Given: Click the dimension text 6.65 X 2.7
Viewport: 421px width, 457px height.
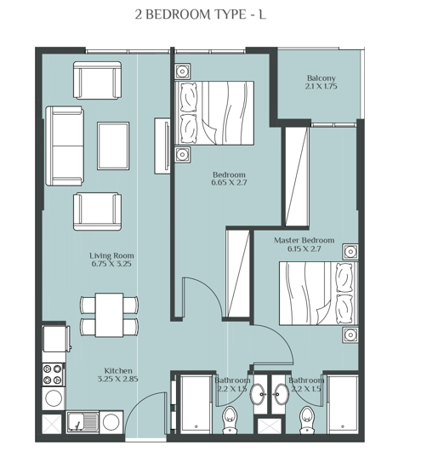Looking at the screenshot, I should tap(230, 182).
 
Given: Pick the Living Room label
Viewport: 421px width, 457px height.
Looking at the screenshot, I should tap(111, 255).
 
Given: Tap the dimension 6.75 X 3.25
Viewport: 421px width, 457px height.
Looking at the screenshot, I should tap(111, 264).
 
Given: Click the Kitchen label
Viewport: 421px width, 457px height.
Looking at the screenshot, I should tap(117, 370).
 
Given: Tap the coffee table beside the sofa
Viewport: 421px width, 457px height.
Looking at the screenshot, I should tap(113, 146).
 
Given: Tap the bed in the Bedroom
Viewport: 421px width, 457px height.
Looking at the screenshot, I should tap(214, 112).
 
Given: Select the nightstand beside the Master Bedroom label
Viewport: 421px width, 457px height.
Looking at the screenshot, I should tap(350, 252).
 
